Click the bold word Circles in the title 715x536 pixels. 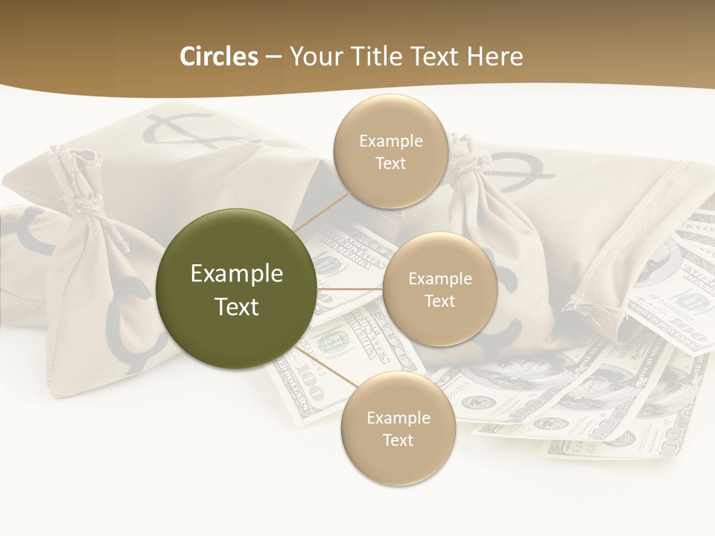(x=218, y=57)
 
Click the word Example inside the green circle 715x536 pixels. (x=236, y=274)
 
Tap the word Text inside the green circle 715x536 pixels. (x=236, y=307)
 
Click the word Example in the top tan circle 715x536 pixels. (x=390, y=141)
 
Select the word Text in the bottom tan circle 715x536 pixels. (x=398, y=440)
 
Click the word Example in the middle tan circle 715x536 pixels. (x=439, y=279)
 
